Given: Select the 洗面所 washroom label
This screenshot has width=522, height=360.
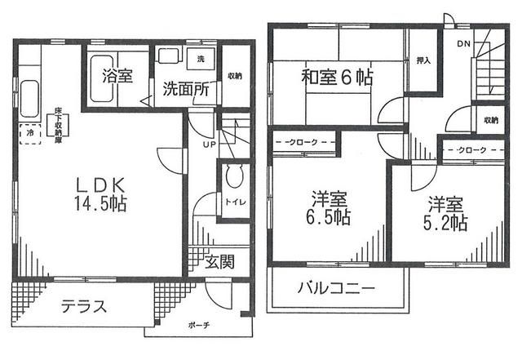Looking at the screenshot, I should tap(183, 89).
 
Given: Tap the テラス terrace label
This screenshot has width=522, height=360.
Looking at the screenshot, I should tap(82, 306).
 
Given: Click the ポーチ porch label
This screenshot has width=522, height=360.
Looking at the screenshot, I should tap(198, 325).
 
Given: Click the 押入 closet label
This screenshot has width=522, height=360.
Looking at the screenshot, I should tap(422, 60).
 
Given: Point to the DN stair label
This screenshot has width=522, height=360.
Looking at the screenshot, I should tap(462, 43).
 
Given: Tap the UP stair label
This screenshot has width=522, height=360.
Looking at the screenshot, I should tap(210, 144).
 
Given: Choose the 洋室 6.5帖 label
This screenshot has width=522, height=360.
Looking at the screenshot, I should tap(330, 208).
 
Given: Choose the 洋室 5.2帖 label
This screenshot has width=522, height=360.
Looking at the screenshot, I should tap(446, 212).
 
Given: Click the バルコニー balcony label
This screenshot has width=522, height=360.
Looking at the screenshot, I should tap(335, 288).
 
